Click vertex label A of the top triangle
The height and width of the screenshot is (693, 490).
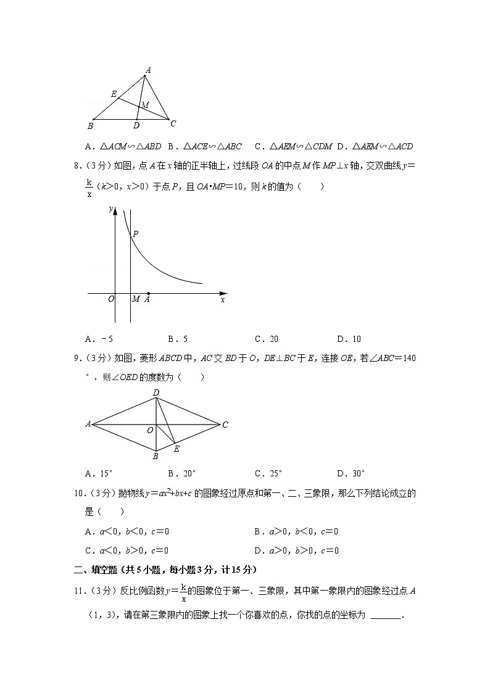pyautogui.click(x=147, y=70)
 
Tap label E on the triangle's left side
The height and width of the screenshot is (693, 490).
pyautogui.click(x=114, y=94)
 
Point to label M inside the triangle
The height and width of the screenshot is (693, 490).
pyautogui.click(x=145, y=106)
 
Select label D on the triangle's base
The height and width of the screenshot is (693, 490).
pyautogui.click(x=136, y=126)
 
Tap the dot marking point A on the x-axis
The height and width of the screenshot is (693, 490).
pyautogui.click(x=148, y=294)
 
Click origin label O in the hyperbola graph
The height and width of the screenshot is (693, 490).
pyautogui.click(x=111, y=299)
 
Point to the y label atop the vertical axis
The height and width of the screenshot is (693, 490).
pyautogui.click(x=110, y=209)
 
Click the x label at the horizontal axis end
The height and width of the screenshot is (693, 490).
pyautogui.click(x=222, y=299)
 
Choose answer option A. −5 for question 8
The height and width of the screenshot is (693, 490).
pyautogui.click(x=99, y=339)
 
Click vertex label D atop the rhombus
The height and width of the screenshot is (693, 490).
pyautogui.click(x=156, y=393)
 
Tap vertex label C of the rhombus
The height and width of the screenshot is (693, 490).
pyautogui.click(x=226, y=425)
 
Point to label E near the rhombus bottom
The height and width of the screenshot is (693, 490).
pyautogui.click(x=176, y=449)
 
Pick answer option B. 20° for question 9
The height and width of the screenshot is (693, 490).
pyautogui.click(x=181, y=473)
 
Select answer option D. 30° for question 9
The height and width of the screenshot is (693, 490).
pyautogui.click(x=351, y=473)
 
